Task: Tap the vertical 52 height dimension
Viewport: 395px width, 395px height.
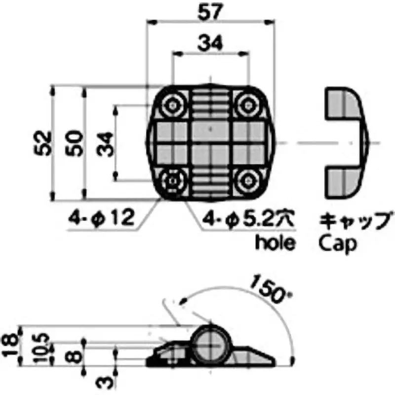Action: click(x=43, y=144)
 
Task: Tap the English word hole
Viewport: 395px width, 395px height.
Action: click(x=276, y=242)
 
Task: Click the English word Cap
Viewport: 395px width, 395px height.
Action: click(x=338, y=243)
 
